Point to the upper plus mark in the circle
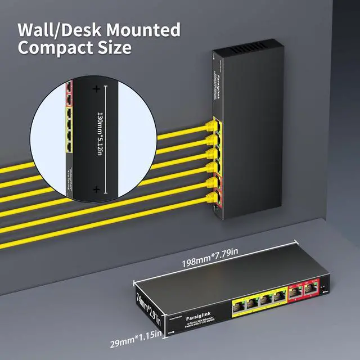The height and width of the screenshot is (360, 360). pyautogui.click(x=96, y=89)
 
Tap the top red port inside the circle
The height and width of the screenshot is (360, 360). pyautogui.click(x=69, y=87)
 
